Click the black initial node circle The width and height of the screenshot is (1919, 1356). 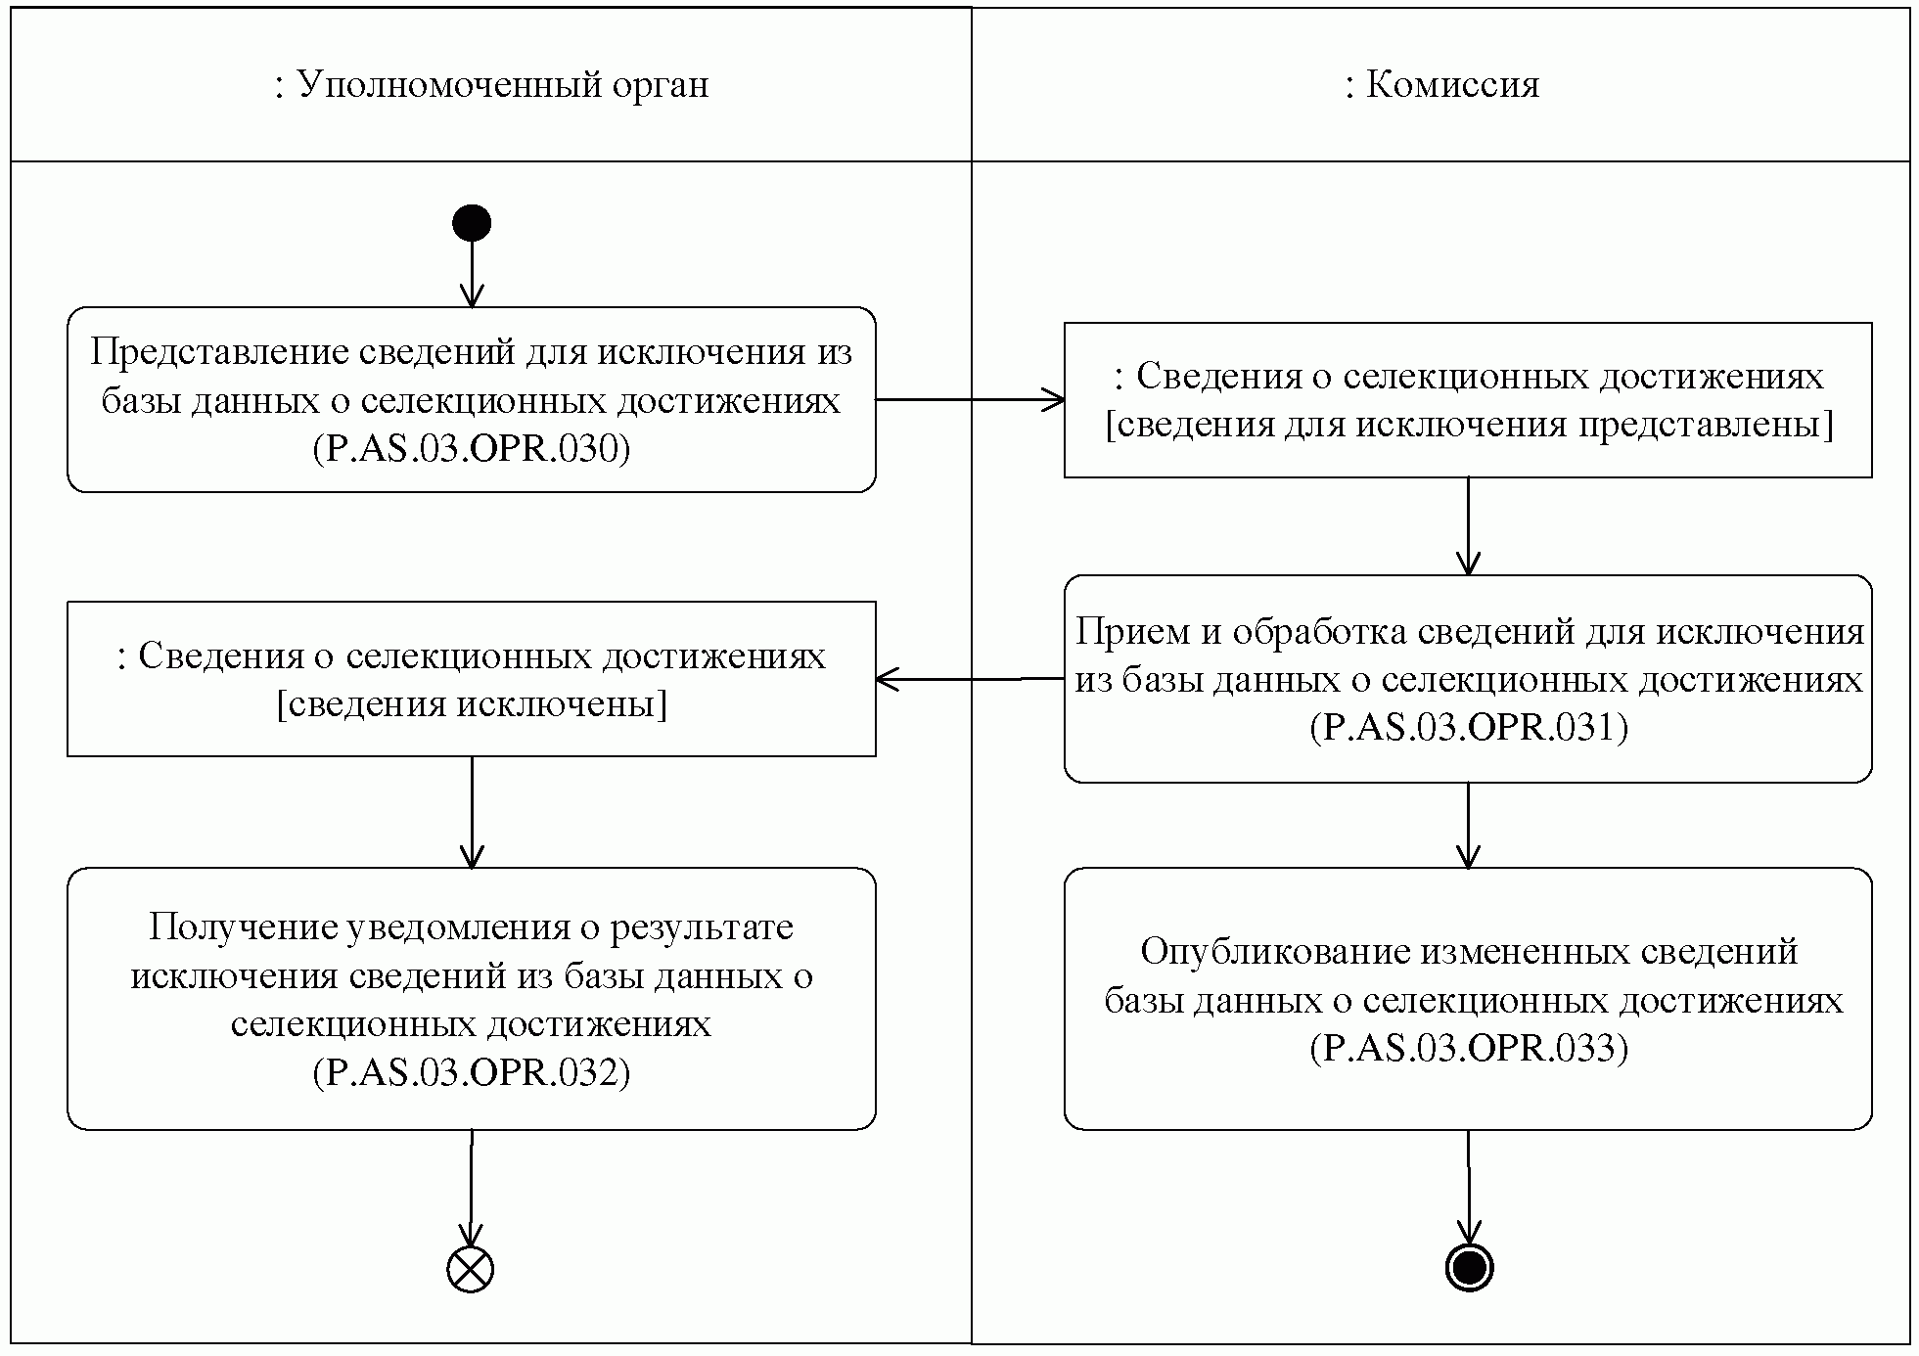click(x=471, y=223)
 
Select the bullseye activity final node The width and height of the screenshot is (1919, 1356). click(x=1469, y=1268)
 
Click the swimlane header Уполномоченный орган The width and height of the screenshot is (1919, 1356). click(x=491, y=85)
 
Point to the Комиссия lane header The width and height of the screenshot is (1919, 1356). click(x=1441, y=85)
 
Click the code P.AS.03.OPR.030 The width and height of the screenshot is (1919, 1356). click(x=472, y=448)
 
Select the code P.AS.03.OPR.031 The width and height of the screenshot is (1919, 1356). click(x=1469, y=727)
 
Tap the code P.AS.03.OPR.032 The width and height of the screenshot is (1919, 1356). click(x=472, y=1072)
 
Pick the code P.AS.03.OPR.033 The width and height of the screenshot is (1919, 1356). click(x=1469, y=1048)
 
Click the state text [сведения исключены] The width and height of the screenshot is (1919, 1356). click(x=472, y=703)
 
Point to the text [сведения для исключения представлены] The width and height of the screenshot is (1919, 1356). click(x=1469, y=425)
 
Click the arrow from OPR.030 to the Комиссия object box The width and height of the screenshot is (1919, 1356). click(x=969, y=399)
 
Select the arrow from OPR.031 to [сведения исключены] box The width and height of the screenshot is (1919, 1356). click(x=969, y=679)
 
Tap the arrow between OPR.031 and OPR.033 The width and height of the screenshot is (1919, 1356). click(x=1468, y=825)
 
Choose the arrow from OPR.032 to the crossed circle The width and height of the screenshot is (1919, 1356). click(x=472, y=1189)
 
